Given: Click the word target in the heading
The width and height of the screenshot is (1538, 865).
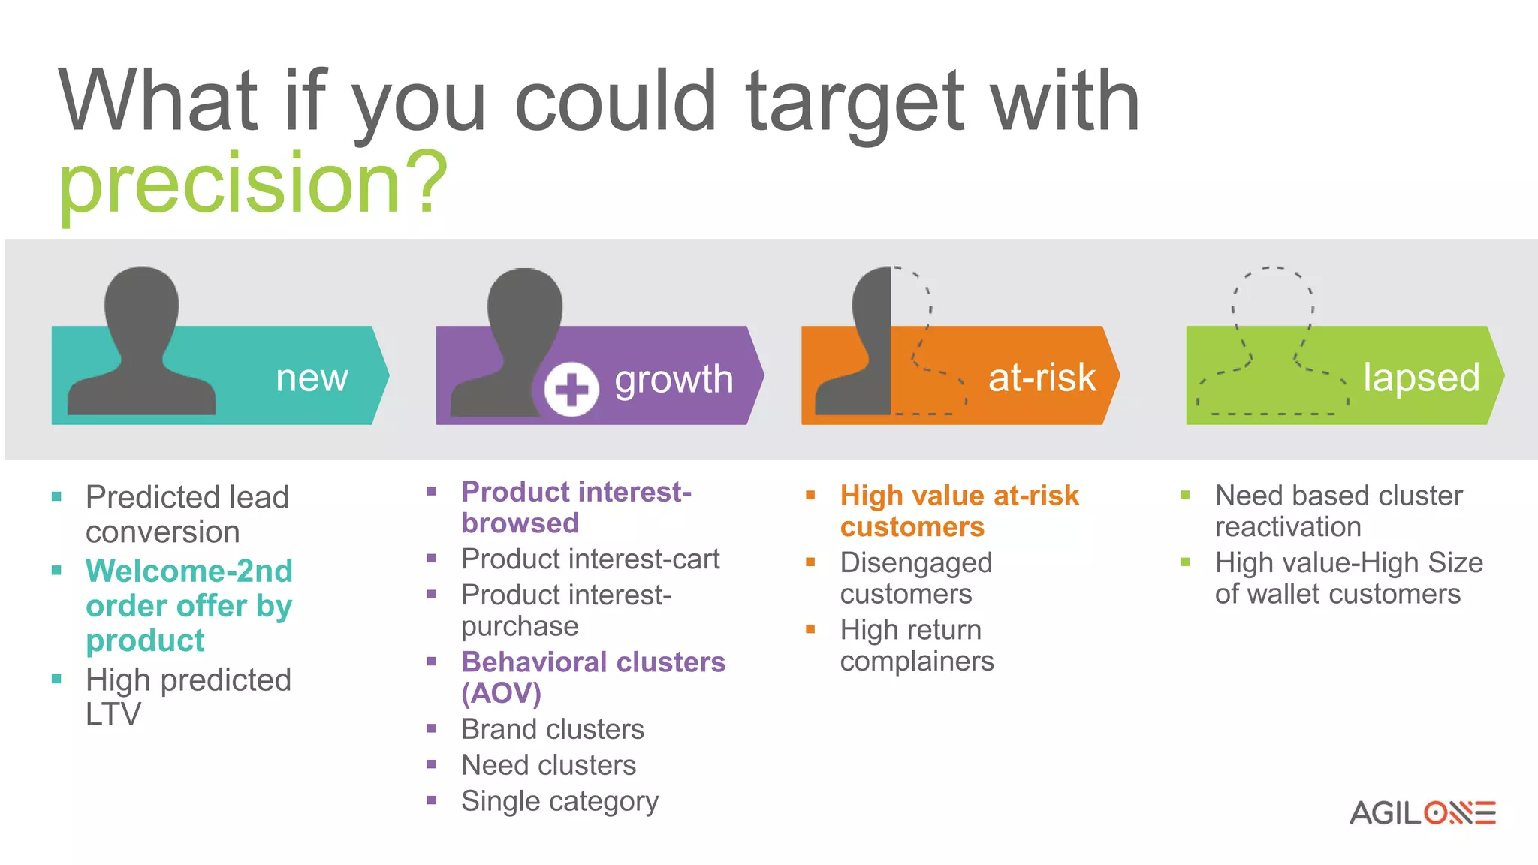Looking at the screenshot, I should tap(854, 101).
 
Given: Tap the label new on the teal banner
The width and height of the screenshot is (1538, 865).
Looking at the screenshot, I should tap(312, 378).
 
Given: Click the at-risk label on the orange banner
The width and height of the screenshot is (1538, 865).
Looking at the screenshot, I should tap(1042, 377).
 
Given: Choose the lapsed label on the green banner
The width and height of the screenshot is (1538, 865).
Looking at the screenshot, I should tap(1421, 377).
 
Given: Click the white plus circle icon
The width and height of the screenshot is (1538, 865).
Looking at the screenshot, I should tap(571, 389).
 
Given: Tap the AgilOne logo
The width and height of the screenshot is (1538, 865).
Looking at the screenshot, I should tap(1422, 813).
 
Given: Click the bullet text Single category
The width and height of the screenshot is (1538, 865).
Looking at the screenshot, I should tap(559, 801).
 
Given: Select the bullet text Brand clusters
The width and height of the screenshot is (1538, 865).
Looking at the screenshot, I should tap(553, 729).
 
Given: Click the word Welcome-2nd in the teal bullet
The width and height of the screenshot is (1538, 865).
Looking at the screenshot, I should tap(189, 571).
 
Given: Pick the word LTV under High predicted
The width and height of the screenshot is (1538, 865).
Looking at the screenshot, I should tap(113, 714).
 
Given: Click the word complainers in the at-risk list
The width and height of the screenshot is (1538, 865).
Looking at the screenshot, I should tap(917, 662).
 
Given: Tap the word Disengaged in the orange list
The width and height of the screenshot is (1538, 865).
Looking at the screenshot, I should tap(916, 562).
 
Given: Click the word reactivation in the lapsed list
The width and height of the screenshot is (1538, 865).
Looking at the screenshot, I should tap(1288, 527).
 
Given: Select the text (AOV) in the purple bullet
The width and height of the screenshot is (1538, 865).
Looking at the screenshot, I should tap(501, 693).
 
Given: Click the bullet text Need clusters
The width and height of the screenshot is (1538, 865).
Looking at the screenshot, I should tap(549, 765).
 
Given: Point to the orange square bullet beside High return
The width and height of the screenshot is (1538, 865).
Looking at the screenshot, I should tap(810, 628).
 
